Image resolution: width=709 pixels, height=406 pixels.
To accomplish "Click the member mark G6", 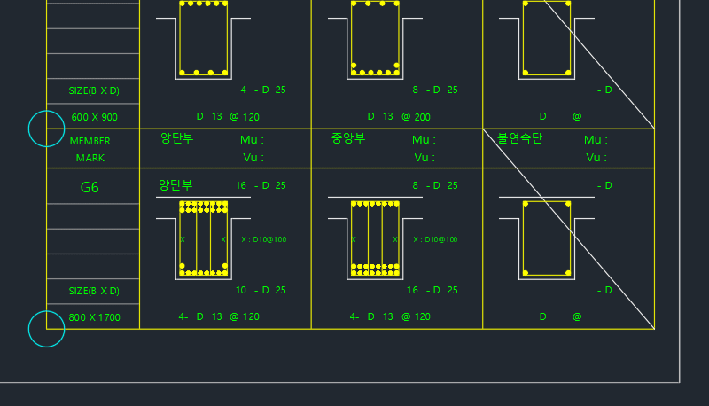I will pyautogui.click(x=90, y=188).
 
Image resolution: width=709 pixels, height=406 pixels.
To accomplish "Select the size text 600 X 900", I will pyautogui.click(x=94, y=117).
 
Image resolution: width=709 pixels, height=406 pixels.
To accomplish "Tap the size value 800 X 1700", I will pyautogui.click(x=94, y=317).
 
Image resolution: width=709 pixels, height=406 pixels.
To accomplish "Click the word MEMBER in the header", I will pyautogui.click(x=90, y=141).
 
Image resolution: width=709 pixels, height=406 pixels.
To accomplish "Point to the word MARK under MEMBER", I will pyautogui.click(x=90, y=158).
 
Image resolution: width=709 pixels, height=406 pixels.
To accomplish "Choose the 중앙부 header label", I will pyautogui.click(x=348, y=138).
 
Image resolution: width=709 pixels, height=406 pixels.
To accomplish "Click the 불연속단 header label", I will pyautogui.click(x=519, y=138).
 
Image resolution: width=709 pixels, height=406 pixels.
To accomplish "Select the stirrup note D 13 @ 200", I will pyautogui.click(x=399, y=116).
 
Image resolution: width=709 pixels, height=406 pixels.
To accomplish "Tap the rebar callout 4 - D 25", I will pyautogui.click(x=263, y=90).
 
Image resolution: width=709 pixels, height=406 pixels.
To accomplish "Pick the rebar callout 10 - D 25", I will pyautogui.click(x=261, y=290).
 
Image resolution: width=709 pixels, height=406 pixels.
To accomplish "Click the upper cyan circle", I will pyautogui.click(x=47, y=129).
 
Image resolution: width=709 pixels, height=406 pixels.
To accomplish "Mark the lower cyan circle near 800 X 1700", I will pyautogui.click(x=47, y=329).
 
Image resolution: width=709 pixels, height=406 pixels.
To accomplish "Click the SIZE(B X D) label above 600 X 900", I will pyautogui.click(x=94, y=90).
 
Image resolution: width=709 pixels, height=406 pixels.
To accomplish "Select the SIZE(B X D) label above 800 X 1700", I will pyautogui.click(x=94, y=291).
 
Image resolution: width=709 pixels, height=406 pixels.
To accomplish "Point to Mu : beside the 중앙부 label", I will pyautogui.click(x=424, y=140).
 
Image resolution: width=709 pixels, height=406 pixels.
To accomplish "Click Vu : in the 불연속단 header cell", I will pyautogui.click(x=596, y=158).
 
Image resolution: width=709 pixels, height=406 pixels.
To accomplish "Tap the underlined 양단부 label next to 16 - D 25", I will pyautogui.click(x=175, y=185).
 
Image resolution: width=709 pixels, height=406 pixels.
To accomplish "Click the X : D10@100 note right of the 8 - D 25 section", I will pyautogui.click(x=436, y=239).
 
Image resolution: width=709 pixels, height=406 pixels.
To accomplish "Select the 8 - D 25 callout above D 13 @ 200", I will pyautogui.click(x=435, y=90).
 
